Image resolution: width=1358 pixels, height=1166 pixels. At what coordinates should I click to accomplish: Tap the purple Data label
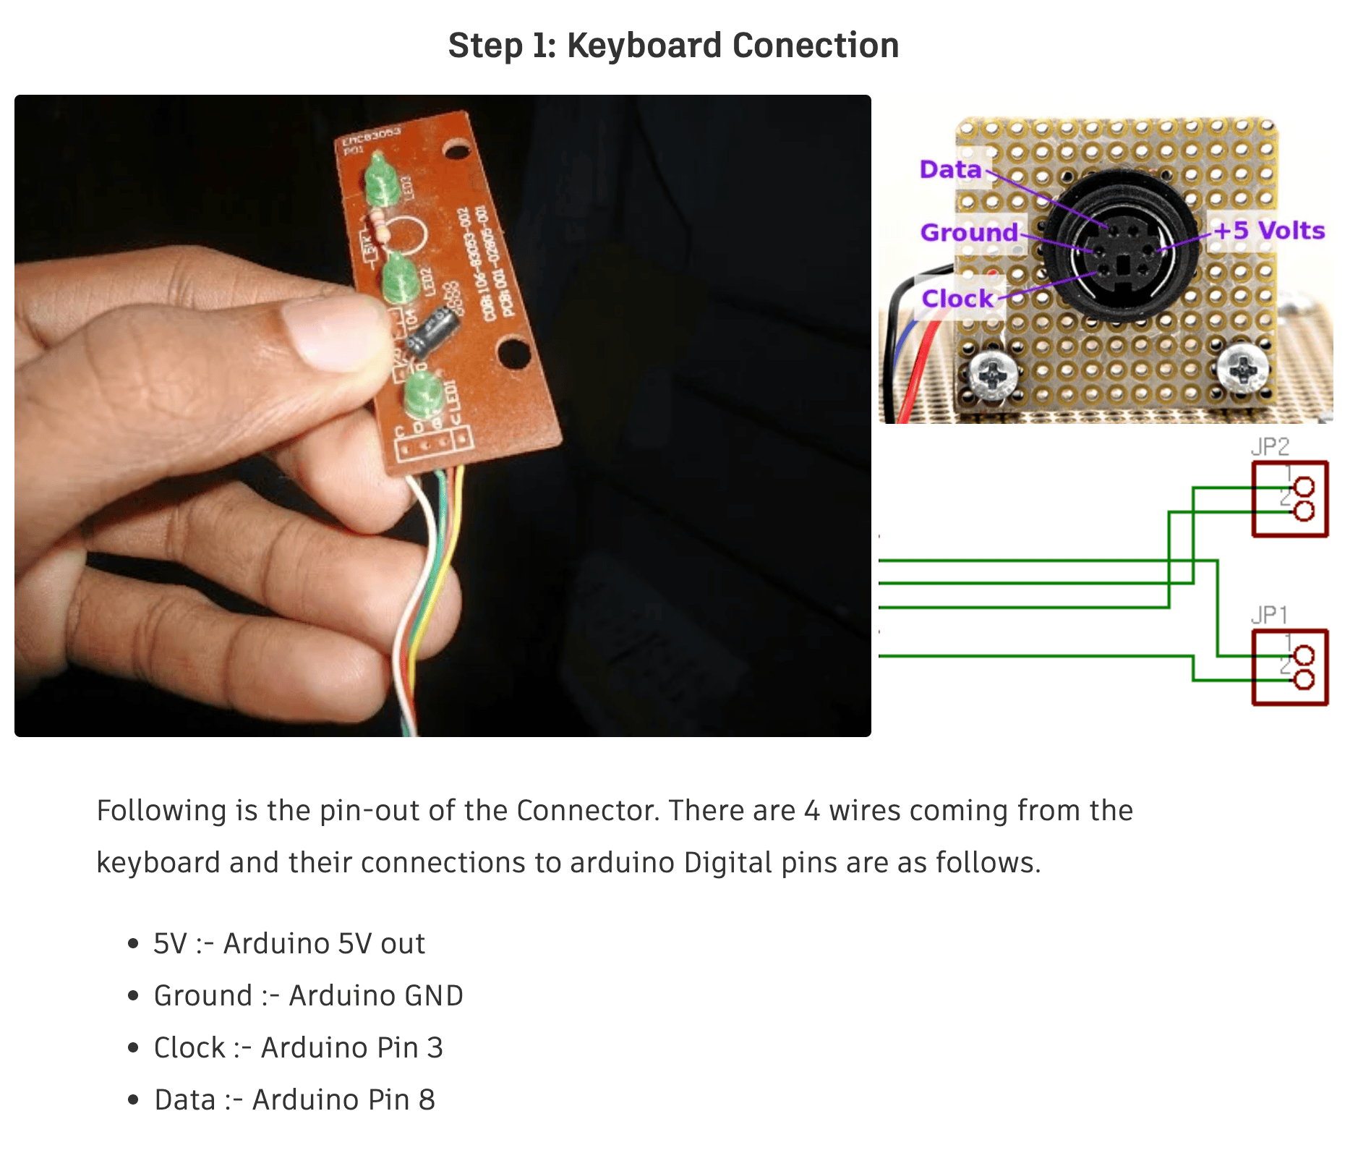coord(949,169)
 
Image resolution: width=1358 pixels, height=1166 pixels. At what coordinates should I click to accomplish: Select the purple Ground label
coord(968,232)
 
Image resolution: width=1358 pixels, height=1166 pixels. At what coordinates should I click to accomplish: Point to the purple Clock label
coord(957,298)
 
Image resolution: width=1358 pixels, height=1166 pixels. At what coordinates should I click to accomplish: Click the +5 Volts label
coord(1268,231)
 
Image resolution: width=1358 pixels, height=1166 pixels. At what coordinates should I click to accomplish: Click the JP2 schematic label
coord(1270,446)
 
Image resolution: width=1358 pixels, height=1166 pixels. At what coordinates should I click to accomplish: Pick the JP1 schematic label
coord(1269,615)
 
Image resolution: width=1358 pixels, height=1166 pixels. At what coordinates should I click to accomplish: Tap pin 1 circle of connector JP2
coord(1303,488)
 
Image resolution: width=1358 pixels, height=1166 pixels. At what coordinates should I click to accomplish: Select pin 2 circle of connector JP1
coord(1303,680)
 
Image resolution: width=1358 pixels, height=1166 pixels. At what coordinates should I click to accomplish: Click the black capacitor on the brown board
coord(437,331)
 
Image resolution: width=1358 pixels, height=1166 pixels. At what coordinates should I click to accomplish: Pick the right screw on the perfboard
coord(1242,368)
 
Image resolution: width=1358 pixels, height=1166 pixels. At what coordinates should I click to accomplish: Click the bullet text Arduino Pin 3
coord(351,1047)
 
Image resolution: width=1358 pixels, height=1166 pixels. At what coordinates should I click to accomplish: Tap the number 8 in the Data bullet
coord(427,1099)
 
